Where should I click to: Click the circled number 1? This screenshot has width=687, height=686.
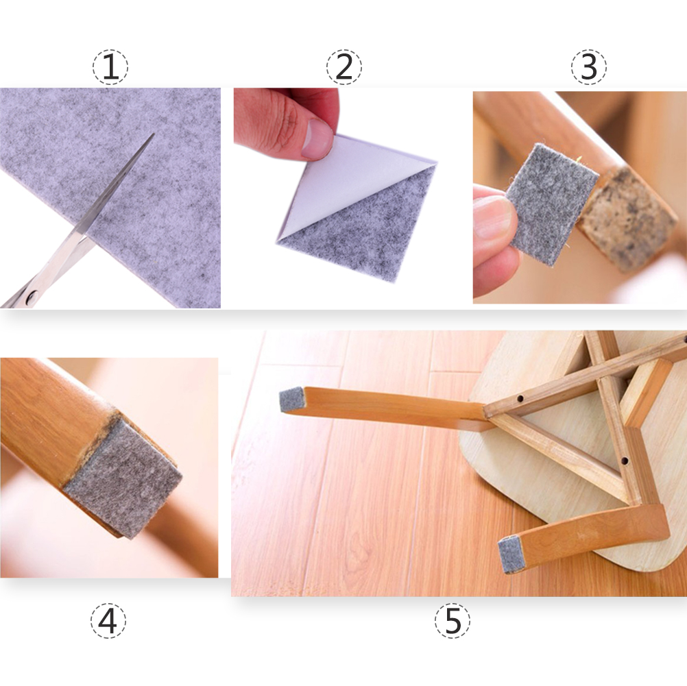(x=110, y=67)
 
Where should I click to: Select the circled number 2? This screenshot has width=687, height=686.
(x=344, y=67)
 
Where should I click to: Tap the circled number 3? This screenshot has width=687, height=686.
(x=589, y=67)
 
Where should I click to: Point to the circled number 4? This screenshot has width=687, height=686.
(x=108, y=620)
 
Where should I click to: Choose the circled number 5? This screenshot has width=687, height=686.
(x=453, y=620)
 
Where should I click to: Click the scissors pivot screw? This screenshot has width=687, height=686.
(x=31, y=298)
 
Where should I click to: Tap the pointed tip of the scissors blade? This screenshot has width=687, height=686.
(x=154, y=134)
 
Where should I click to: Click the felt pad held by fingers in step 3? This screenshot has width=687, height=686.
(x=552, y=204)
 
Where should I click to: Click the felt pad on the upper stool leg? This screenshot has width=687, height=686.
(x=292, y=400)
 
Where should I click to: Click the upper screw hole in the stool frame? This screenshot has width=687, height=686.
(x=520, y=399)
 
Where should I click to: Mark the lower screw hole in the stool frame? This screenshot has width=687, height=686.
(x=625, y=461)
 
